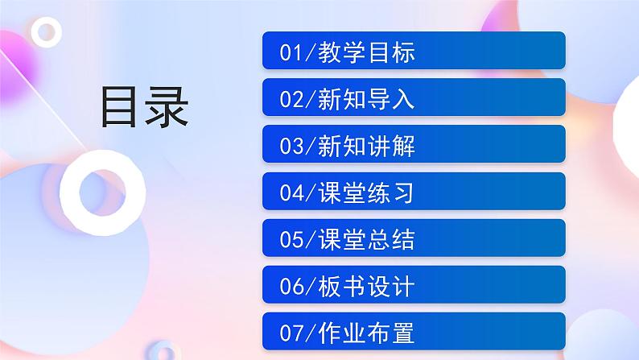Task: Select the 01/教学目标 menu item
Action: (414, 52)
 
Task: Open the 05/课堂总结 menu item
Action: (414, 238)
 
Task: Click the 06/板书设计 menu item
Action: (414, 285)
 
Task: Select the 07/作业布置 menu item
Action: (414, 332)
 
